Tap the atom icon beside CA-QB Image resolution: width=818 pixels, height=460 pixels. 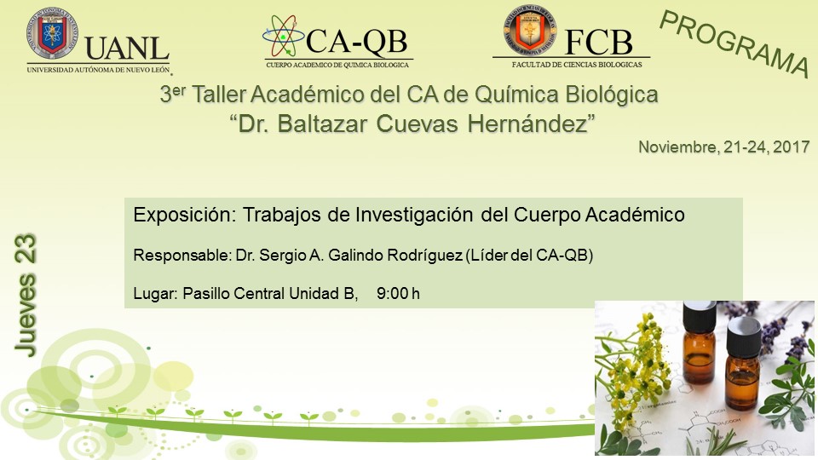click(x=283, y=36)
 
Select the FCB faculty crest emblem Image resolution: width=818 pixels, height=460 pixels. click(x=529, y=30)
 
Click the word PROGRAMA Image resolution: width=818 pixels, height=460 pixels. click(x=734, y=43)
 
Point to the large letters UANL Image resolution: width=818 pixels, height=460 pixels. click(x=127, y=49)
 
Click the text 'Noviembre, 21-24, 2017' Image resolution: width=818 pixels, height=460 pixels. click(x=724, y=147)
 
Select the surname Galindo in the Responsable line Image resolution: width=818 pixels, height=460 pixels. click(x=350, y=255)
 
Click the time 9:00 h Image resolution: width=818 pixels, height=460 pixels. click(x=398, y=294)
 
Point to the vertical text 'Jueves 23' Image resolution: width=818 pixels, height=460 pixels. click(x=26, y=296)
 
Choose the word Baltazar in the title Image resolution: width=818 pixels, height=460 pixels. click(x=323, y=124)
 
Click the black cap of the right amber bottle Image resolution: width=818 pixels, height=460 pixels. click(x=744, y=336)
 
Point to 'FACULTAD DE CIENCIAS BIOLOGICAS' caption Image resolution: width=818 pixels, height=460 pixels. click(x=577, y=65)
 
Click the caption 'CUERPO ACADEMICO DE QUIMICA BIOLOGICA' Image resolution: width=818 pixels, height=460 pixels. click(x=337, y=65)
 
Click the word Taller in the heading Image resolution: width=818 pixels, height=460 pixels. click(x=219, y=95)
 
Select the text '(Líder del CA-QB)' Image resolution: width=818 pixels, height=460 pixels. click(x=529, y=255)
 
